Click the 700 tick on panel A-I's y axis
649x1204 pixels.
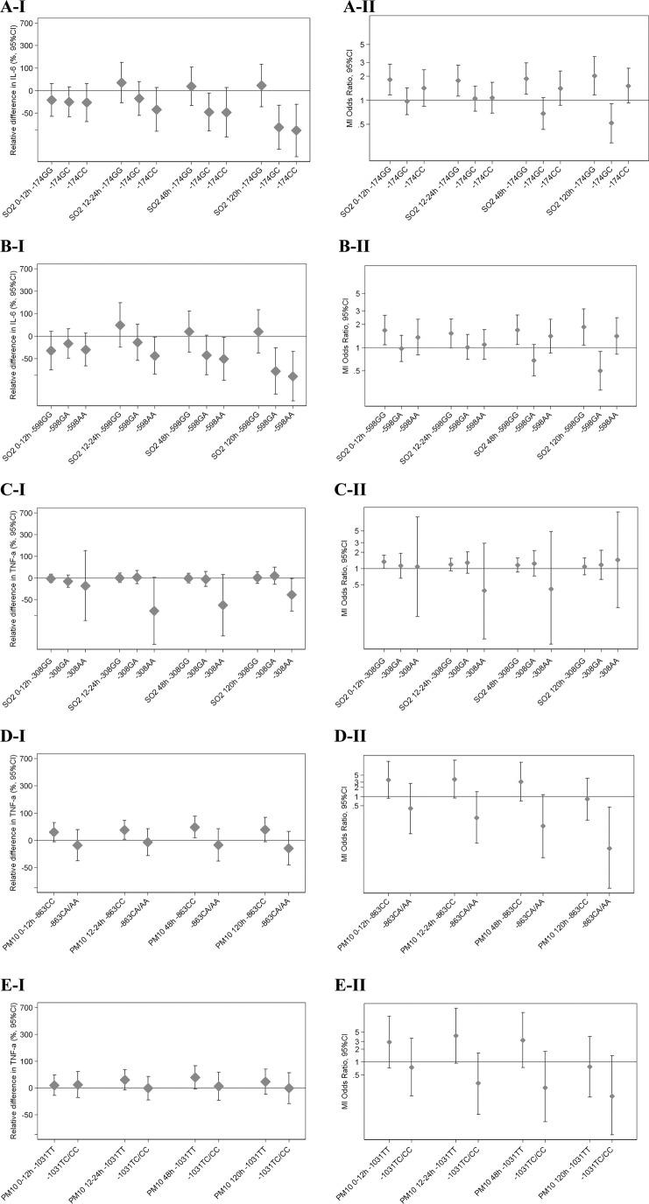[28, 20]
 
